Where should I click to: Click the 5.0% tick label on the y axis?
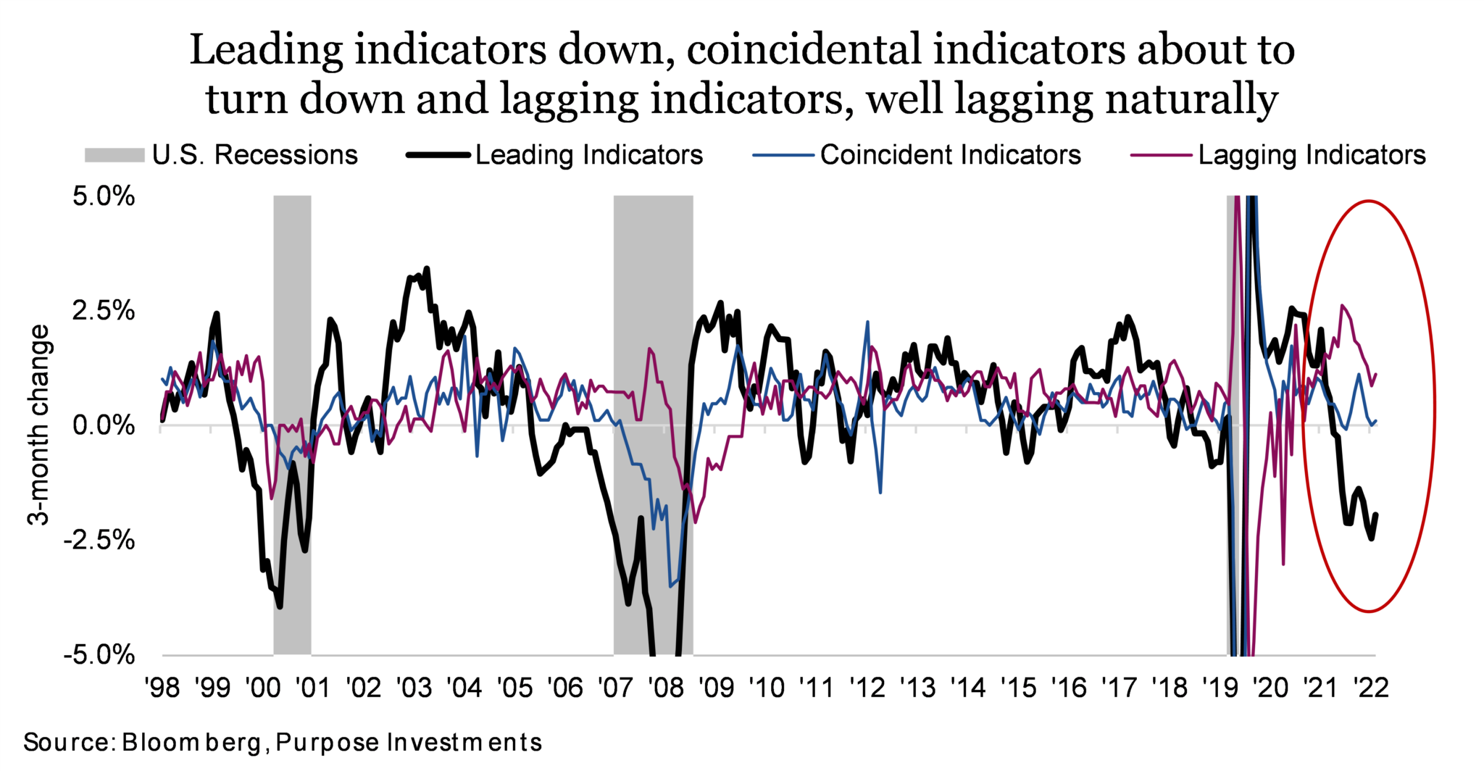[x=104, y=196]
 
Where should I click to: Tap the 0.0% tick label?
[x=104, y=426]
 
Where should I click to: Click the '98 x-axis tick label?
[x=161, y=687]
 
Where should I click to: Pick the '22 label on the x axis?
[x=1370, y=687]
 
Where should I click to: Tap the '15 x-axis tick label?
[x=1019, y=687]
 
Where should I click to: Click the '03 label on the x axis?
[x=413, y=687]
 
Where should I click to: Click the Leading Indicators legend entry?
[x=589, y=155]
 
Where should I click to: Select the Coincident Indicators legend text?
[x=950, y=155]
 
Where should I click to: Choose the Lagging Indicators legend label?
[x=1312, y=155]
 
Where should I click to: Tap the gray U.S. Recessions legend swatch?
[x=114, y=155]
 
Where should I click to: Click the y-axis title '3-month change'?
[x=39, y=425]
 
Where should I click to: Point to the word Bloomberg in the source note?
[x=192, y=743]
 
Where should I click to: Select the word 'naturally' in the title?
[x=1191, y=100]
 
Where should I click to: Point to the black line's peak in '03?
[x=427, y=269]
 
